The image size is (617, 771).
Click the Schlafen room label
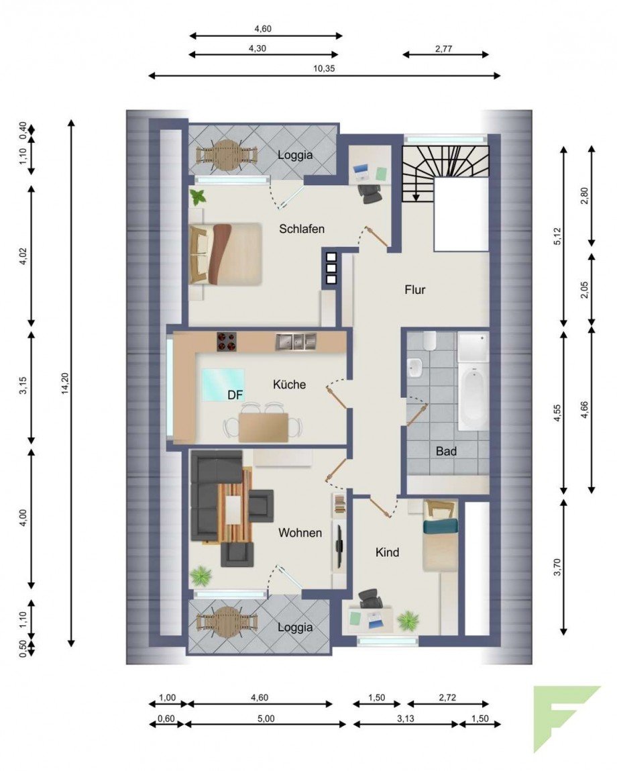[301, 229]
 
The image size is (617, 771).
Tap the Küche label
[289, 384]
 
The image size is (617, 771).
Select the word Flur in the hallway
[414, 290]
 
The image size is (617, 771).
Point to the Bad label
[446, 451]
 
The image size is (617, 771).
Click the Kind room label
[387, 553]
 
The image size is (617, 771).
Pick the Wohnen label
[300, 533]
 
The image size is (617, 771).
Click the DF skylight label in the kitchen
[235, 395]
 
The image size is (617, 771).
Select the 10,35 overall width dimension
[324, 69]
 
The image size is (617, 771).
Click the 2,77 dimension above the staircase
[443, 49]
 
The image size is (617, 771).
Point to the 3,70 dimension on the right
[557, 567]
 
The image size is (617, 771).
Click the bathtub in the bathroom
[472, 398]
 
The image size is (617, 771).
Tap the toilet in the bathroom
[429, 340]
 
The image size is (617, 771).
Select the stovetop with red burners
[226, 342]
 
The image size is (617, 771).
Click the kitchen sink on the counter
[296, 342]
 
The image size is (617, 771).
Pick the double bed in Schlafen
[225, 254]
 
